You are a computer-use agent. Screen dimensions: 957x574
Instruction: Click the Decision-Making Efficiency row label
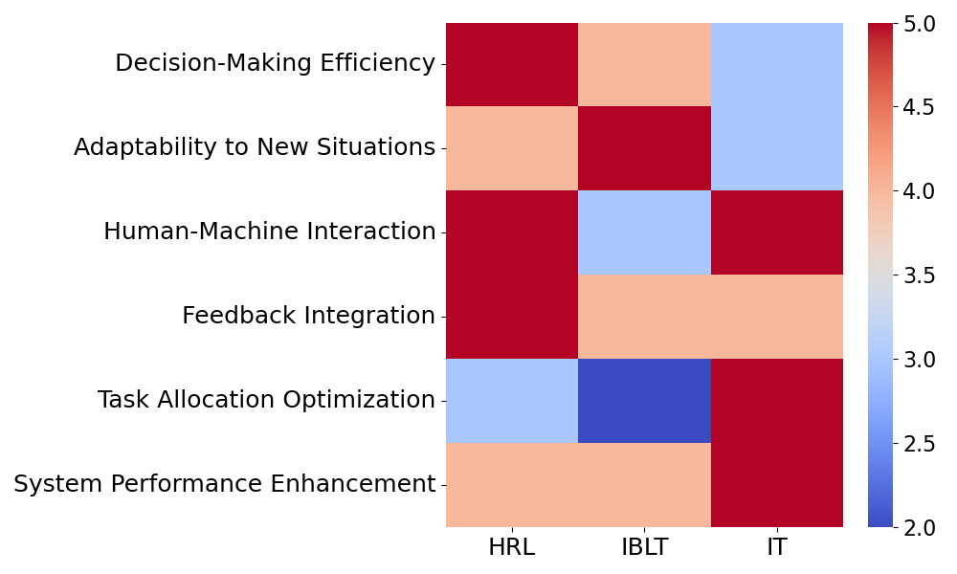point(276,63)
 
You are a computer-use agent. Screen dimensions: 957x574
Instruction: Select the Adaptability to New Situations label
point(255,147)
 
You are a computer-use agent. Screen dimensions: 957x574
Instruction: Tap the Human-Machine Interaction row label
point(270,232)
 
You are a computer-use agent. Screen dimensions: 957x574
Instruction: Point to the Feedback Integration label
point(309,316)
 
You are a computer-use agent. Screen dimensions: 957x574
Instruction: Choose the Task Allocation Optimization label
point(267,400)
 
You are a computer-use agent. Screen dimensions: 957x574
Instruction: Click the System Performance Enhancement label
point(225,484)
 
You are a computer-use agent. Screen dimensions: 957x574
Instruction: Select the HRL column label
point(512,547)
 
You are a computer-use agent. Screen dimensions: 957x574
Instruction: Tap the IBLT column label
point(644,547)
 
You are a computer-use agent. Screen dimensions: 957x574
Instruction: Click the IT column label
point(777,547)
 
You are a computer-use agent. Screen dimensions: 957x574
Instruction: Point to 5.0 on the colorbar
point(919,24)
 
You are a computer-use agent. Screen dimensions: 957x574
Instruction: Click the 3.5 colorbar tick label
point(919,276)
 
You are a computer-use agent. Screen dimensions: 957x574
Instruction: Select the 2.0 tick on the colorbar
point(919,528)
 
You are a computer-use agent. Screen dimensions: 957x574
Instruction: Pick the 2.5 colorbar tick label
point(919,444)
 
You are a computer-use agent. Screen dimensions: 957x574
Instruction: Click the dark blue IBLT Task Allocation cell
point(644,401)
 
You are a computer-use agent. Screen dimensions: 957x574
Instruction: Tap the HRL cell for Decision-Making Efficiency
point(512,65)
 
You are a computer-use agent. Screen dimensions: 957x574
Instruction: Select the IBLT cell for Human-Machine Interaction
point(644,232)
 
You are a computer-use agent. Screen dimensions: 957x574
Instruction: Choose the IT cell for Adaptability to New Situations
point(777,149)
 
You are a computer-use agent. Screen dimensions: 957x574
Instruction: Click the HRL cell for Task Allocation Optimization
point(512,401)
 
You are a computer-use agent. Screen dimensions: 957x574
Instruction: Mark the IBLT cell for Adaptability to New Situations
point(644,149)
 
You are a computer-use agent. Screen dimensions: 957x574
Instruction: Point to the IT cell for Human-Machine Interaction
point(777,232)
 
